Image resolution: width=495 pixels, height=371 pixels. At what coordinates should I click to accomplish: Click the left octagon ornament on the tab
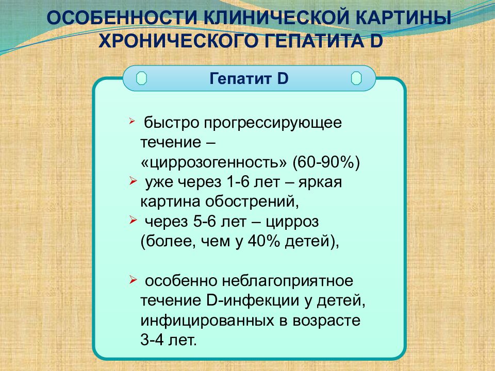(141, 79)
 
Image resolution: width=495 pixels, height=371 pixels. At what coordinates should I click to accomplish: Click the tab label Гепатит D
(249, 79)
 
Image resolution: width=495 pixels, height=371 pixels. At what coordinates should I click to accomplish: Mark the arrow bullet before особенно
(133, 279)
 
